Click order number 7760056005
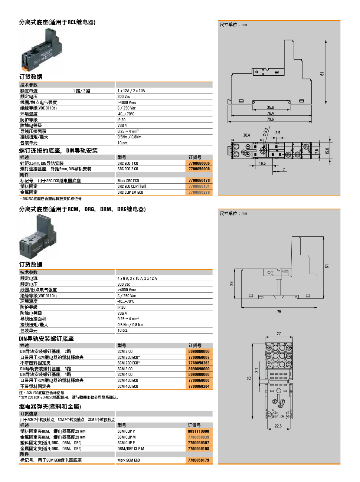point(199,163)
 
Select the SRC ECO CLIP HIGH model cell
point(132,186)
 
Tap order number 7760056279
point(199,192)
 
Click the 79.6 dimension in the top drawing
point(270,119)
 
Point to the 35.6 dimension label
point(270,107)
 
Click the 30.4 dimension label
point(246,135)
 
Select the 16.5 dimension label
point(262,163)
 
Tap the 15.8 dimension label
point(327,151)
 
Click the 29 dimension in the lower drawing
point(232,283)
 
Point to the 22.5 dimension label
point(278,426)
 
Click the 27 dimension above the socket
point(279,334)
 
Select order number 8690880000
point(199,351)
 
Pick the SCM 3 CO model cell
point(125,369)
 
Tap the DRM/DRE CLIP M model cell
point(131,449)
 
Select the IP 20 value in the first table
point(121,120)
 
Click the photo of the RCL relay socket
point(42,50)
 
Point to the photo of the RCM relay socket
point(38,237)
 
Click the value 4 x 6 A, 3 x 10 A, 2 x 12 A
point(137,278)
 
